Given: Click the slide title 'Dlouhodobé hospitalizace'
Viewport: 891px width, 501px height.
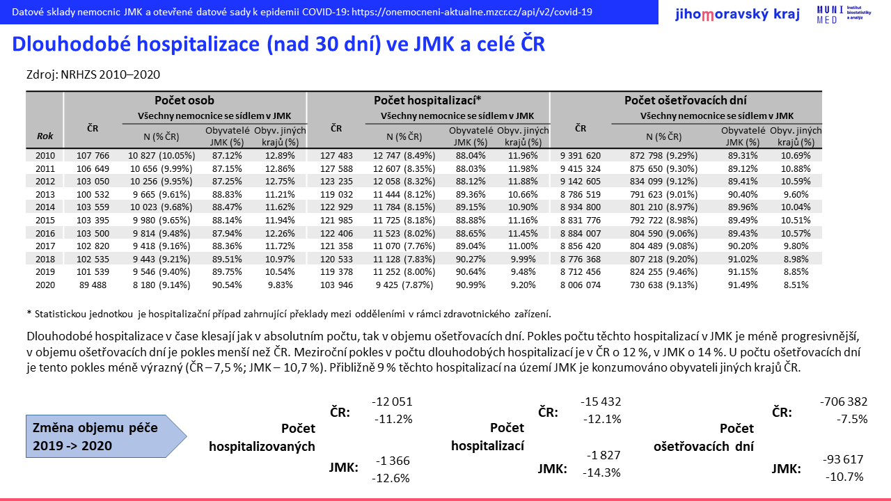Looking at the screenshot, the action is [136, 44].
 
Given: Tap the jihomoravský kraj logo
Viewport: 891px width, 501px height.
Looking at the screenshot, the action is [737, 15].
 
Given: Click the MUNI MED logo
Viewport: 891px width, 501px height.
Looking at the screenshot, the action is [843, 15].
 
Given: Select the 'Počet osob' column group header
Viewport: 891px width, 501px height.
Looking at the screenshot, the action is [184, 100].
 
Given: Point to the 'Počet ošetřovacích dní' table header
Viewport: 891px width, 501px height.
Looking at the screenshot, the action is [686, 100].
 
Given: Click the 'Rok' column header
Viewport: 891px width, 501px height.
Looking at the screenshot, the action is [45, 136].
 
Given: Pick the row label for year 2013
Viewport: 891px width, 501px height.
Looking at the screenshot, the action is [45, 194].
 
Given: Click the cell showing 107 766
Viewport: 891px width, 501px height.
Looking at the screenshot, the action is [93, 155].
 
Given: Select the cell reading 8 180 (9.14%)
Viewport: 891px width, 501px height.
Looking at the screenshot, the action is [161, 285].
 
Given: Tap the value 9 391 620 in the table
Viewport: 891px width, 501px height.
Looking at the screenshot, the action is [581, 155].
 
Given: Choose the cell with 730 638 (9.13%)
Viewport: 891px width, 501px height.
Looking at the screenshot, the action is [663, 285].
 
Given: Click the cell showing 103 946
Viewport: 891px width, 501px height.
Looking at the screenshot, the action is [336, 285].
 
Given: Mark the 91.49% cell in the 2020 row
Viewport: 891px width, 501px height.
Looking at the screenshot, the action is [743, 285].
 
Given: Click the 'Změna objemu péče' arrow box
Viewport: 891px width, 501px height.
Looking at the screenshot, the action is [107, 436].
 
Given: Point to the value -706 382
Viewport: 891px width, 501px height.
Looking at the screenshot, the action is [843, 401].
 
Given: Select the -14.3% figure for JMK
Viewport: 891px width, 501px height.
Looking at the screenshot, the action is [601, 472].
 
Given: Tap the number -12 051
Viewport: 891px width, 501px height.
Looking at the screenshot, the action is [392, 401].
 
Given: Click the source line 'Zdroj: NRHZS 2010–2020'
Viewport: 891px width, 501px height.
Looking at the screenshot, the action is [93, 74].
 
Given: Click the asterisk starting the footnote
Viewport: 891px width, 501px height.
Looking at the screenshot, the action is [29, 313].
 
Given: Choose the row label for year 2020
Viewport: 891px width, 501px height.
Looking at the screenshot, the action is [45, 285].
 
